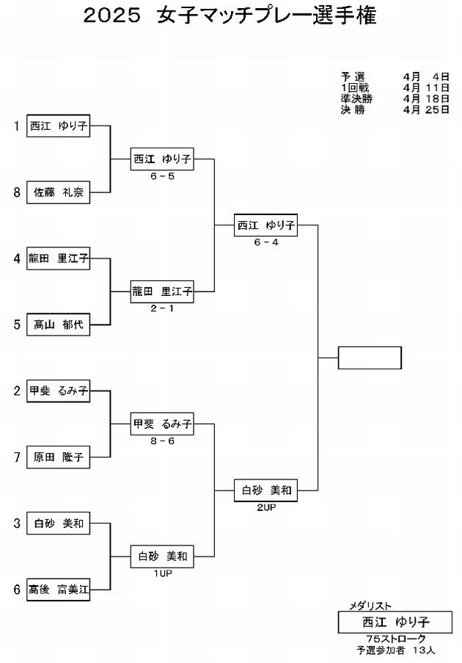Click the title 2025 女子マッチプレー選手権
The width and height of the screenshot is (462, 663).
[x=230, y=15]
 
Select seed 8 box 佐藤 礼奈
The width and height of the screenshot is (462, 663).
[x=58, y=192]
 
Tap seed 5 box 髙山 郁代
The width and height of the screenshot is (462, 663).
[x=58, y=325]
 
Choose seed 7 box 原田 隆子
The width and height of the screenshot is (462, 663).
[x=58, y=457]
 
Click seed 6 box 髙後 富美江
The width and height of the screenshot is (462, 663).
[x=58, y=590]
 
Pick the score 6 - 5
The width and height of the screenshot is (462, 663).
[x=162, y=176]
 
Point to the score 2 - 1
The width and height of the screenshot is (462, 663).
[x=162, y=308]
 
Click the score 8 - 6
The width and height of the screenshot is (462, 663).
[x=162, y=441]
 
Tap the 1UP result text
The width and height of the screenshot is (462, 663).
[x=163, y=573]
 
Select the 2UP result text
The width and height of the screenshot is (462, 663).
[x=266, y=507]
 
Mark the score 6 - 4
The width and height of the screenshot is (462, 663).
[x=266, y=242]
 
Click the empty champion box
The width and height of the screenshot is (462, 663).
[x=370, y=358]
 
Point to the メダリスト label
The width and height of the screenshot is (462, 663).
[x=370, y=606]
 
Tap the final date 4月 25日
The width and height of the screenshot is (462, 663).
[x=426, y=110]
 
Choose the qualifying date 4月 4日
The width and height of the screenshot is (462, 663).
[x=426, y=77]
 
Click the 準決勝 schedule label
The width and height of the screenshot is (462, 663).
[x=357, y=99]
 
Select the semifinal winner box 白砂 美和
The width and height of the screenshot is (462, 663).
[x=265, y=490]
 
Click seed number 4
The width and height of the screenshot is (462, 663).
[x=17, y=258]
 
